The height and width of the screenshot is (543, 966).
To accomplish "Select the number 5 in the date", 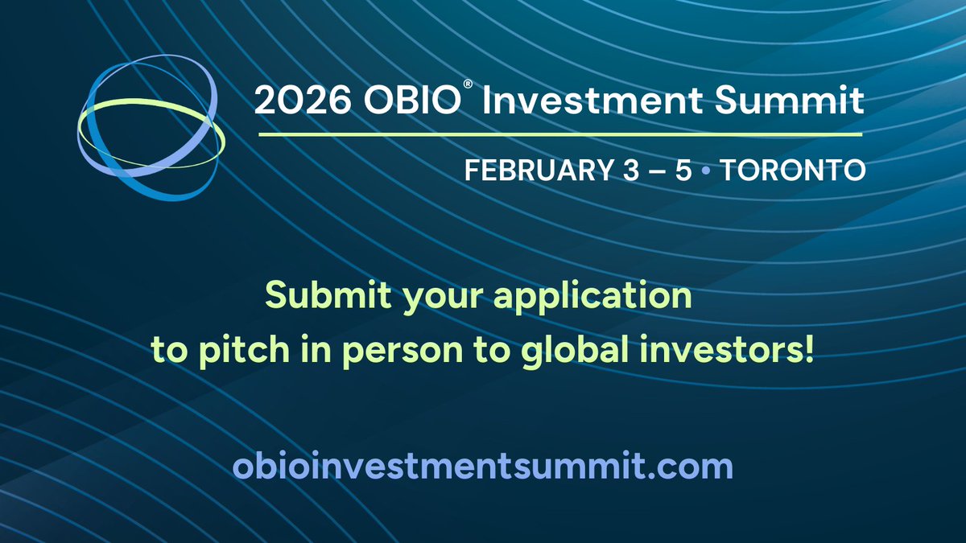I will [x=683, y=171].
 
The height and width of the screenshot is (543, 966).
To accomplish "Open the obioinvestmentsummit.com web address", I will [x=482, y=467].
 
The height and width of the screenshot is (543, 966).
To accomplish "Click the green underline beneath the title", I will [x=560, y=134].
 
